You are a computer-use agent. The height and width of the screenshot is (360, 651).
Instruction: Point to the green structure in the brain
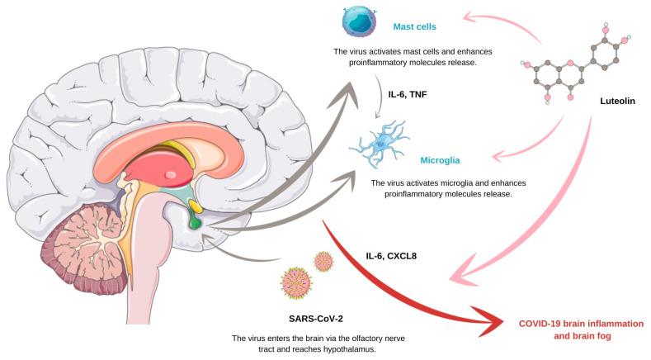click(x=195, y=221)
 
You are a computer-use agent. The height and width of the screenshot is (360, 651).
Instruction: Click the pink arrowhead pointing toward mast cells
click(x=473, y=15)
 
